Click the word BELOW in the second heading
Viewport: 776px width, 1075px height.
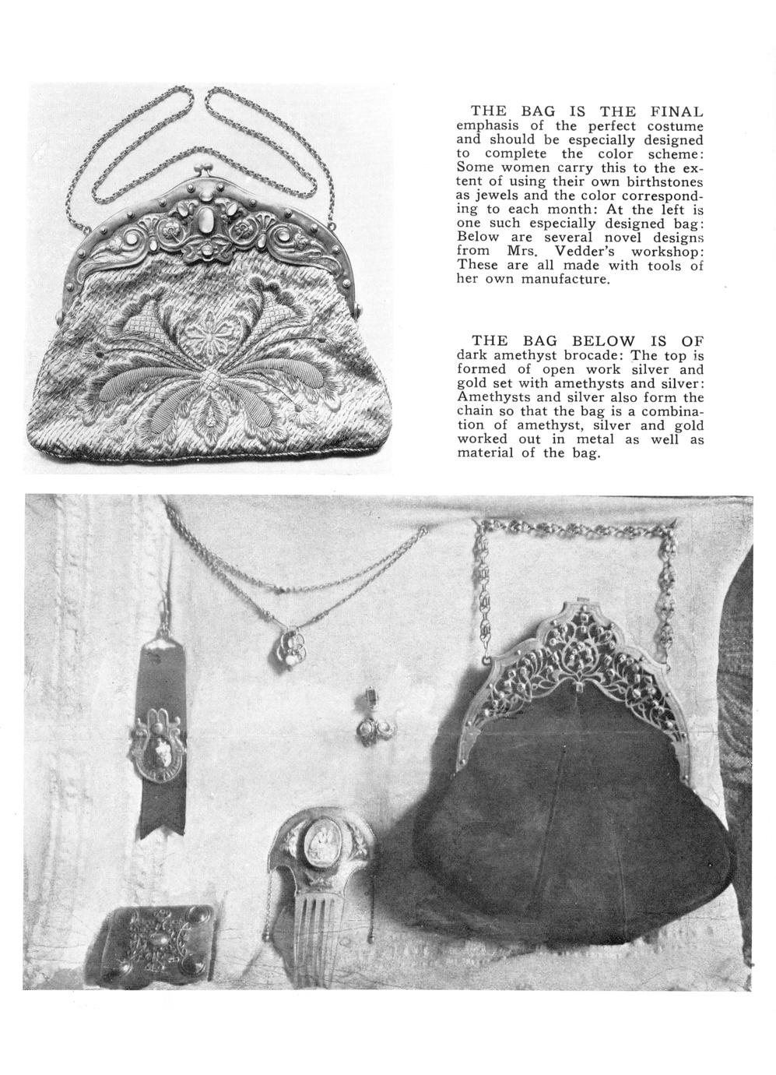point(603,340)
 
